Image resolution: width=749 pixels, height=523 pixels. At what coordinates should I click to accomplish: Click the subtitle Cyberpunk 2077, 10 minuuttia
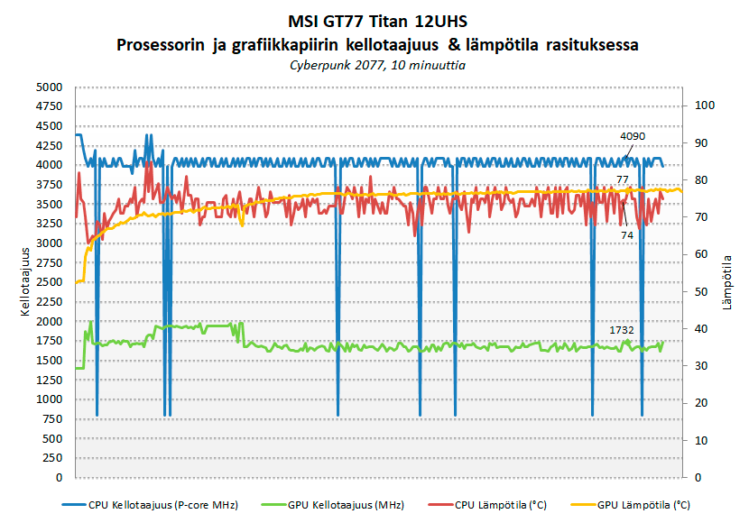click(x=374, y=65)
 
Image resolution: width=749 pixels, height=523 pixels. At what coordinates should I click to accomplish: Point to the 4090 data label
click(x=633, y=136)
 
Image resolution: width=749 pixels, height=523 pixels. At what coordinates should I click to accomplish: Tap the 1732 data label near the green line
click(x=622, y=330)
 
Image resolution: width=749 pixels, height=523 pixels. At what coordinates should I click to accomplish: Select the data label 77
click(x=623, y=180)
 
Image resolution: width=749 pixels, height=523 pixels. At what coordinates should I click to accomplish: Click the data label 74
click(x=625, y=234)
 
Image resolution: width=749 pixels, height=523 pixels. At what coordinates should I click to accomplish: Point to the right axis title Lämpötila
click(x=726, y=282)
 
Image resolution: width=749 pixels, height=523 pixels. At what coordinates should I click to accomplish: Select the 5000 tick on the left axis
click(x=49, y=87)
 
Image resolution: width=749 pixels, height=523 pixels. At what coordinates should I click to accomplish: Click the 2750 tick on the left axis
click(x=49, y=262)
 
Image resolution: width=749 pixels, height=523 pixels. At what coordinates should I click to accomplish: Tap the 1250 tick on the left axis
click(x=49, y=380)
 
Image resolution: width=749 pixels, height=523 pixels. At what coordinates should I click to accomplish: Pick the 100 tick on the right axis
click(x=702, y=106)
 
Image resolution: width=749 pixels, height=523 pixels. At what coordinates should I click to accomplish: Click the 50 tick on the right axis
click(x=699, y=291)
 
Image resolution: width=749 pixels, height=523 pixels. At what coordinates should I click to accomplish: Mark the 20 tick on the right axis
click(x=699, y=403)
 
